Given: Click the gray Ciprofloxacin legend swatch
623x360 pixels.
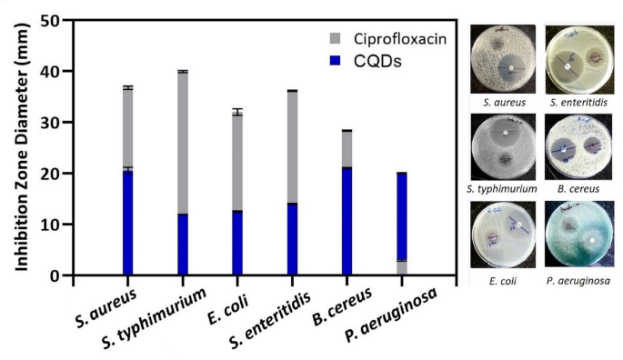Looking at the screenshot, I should coord(336,39).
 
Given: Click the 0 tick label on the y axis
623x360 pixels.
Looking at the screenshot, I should coord(55,275).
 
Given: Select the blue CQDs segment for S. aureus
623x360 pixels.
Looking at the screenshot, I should coord(128,221).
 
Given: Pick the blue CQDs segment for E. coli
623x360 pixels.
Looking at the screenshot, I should coord(237,242).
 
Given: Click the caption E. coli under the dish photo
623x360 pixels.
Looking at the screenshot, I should coord(505,281).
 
